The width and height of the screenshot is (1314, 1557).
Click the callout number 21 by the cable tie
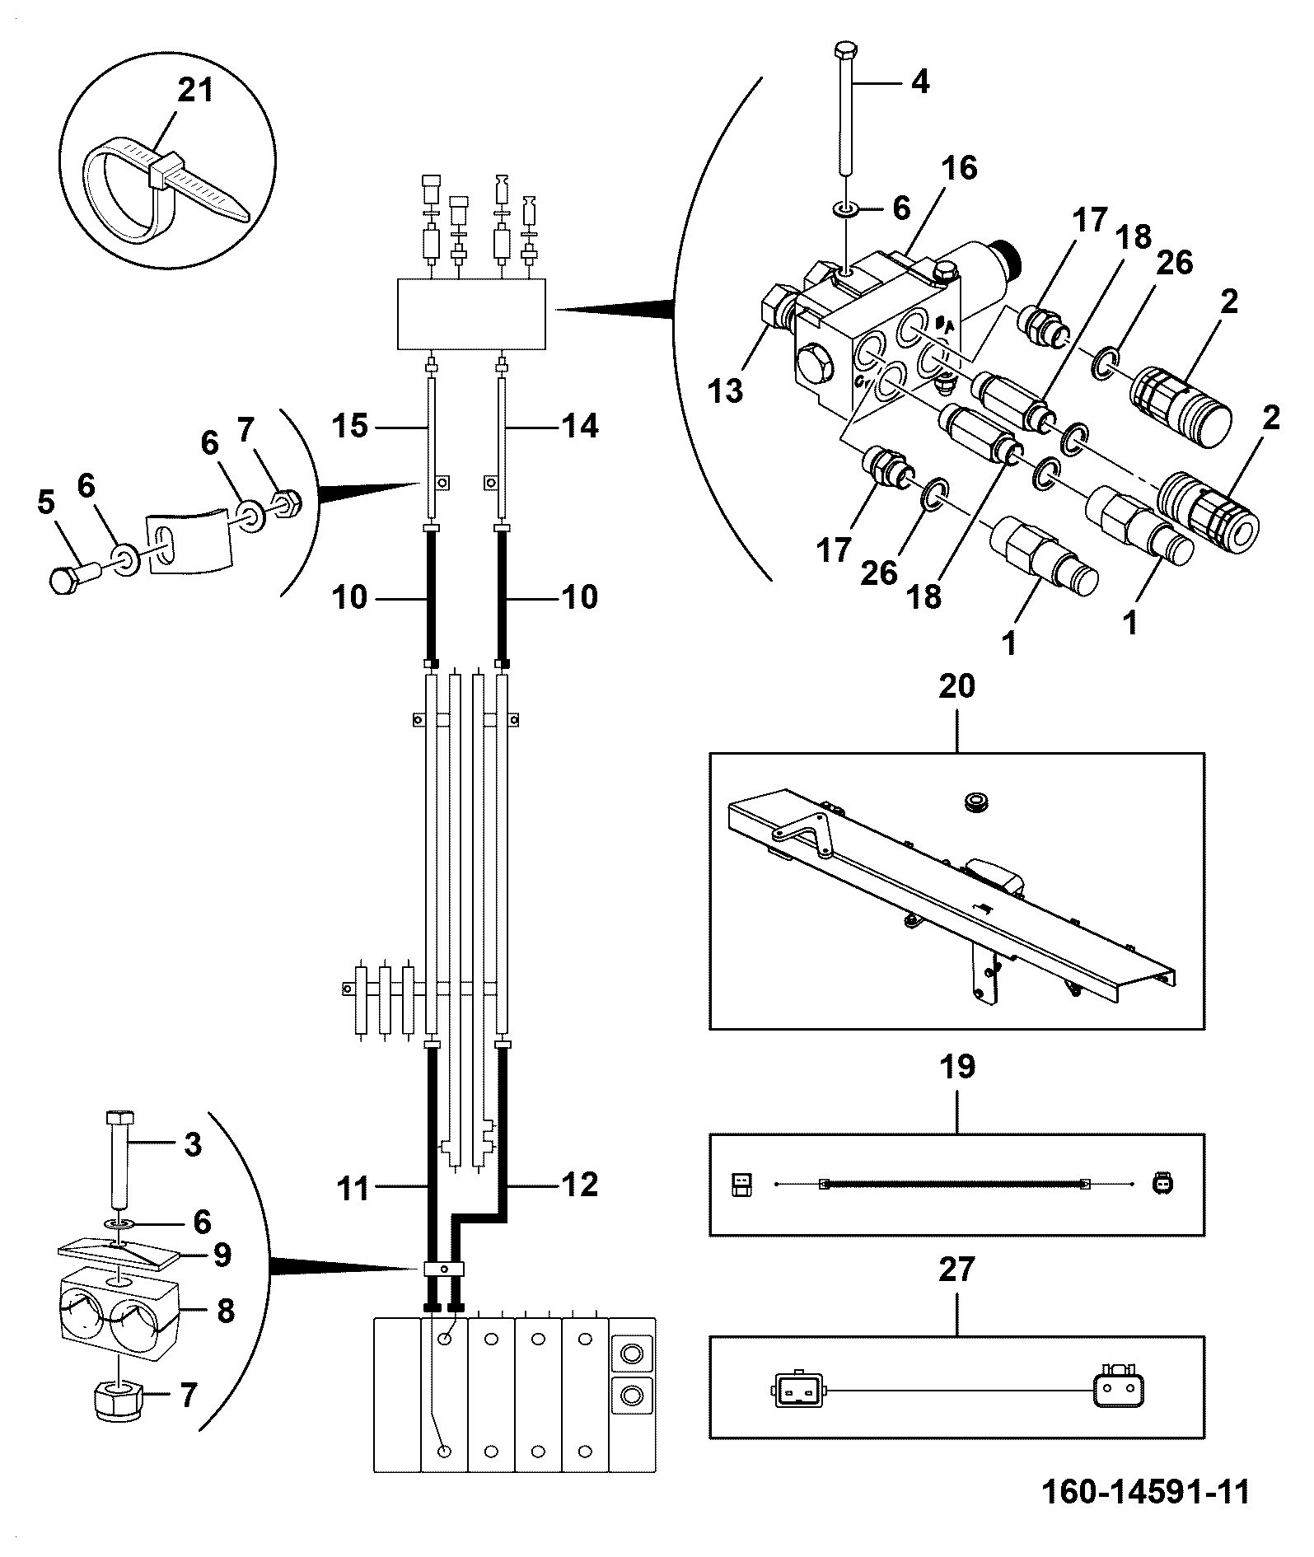coord(195,90)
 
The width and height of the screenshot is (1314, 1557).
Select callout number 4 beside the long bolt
coord(919,82)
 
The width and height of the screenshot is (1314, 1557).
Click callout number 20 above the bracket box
coord(956,685)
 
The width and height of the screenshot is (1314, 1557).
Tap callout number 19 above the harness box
coord(956,1066)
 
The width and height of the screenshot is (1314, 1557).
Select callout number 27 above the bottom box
coord(956,1269)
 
